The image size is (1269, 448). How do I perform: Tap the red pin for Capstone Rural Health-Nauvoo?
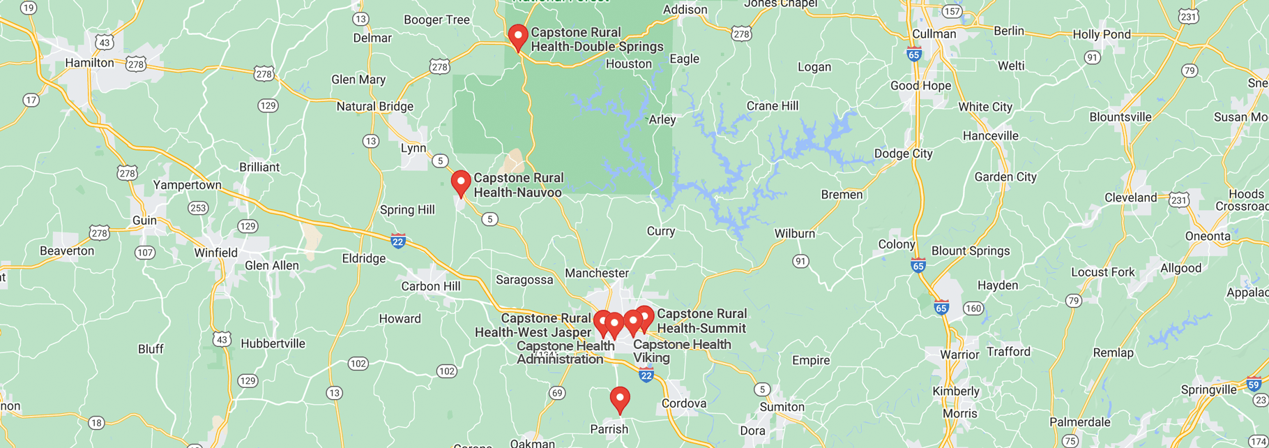pyautogui.click(x=460, y=182)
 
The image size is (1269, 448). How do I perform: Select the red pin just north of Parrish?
pyautogui.click(x=620, y=399)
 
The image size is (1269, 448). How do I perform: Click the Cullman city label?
pyautogui.click(x=934, y=33)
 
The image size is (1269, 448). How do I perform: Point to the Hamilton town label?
pyautogui.click(x=89, y=63)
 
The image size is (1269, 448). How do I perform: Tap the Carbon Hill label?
pyautogui.click(x=430, y=286)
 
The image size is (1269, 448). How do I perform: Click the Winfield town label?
pyautogui.click(x=215, y=253)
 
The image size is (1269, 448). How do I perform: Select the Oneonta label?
pyautogui.click(x=1208, y=236)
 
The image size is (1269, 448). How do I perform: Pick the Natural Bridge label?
pyautogui.click(x=374, y=106)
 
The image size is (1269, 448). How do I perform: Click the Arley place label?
pyautogui.click(x=662, y=119)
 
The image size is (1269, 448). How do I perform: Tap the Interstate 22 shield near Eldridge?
pyautogui.click(x=398, y=241)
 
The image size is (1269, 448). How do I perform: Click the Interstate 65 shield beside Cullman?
pyautogui.click(x=913, y=54)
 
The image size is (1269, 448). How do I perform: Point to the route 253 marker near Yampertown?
pyautogui.click(x=198, y=208)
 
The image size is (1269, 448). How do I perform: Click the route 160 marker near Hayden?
pyautogui.click(x=973, y=308)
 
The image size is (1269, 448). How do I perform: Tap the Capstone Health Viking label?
pyautogui.click(x=681, y=351)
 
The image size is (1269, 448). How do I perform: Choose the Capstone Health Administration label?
pyautogui.click(x=565, y=352)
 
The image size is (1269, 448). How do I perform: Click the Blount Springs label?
pyautogui.click(x=971, y=251)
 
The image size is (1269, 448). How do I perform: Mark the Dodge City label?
pyautogui.click(x=903, y=154)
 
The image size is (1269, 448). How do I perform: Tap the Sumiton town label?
pyautogui.click(x=782, y=407)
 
